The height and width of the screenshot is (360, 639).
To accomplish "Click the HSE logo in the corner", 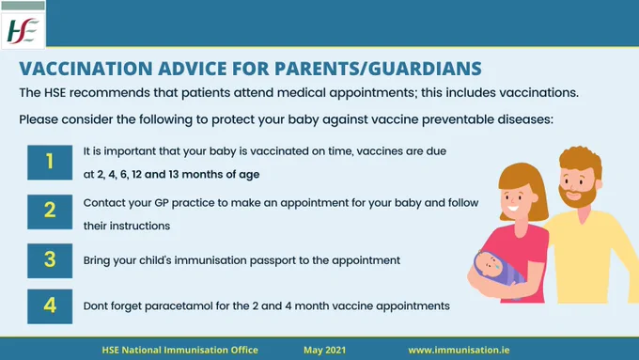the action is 23,31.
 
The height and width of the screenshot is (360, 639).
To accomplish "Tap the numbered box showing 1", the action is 50,163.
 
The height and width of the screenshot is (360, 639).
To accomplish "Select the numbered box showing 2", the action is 50,211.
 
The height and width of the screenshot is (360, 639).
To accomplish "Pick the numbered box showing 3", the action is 50,261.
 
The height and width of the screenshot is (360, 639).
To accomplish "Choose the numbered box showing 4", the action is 50,306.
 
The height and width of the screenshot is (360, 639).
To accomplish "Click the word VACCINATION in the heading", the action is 86,69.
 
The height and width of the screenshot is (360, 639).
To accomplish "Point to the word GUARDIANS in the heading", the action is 425,69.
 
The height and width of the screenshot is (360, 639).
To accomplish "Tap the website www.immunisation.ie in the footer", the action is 459,350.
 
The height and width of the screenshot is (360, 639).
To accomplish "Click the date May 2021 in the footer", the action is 324,350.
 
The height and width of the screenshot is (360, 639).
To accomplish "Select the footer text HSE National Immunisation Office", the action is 179,350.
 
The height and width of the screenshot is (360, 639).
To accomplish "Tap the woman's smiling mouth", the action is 513,209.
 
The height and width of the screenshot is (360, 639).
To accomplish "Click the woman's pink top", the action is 525,261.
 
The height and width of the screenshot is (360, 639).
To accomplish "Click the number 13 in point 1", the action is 174,174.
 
